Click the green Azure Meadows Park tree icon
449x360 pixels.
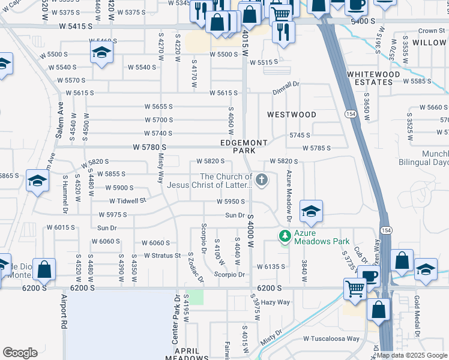pos(285,236)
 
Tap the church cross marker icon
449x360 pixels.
pos(262,179)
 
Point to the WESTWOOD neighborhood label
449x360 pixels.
pos(292,114)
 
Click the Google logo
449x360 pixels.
pos(20,353)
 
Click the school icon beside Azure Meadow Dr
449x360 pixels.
pos(311,211)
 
